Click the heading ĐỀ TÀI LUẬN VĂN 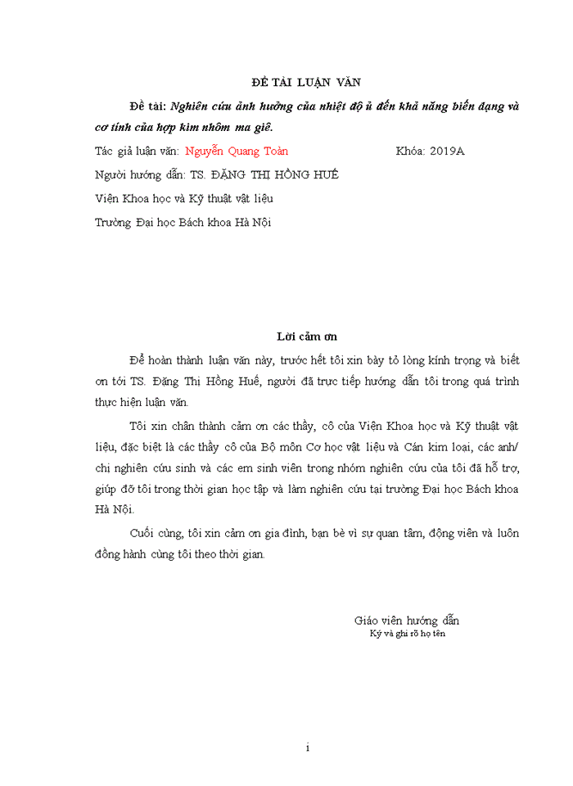point(305,82)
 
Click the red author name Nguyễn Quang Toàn point(237,151)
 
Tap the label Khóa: point(410,151)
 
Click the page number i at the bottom point(307,748)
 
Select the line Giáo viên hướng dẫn point(407,621)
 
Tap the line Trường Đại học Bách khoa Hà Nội point(183,222)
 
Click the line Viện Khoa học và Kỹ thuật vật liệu point(183,199)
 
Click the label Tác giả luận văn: point(137,151)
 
